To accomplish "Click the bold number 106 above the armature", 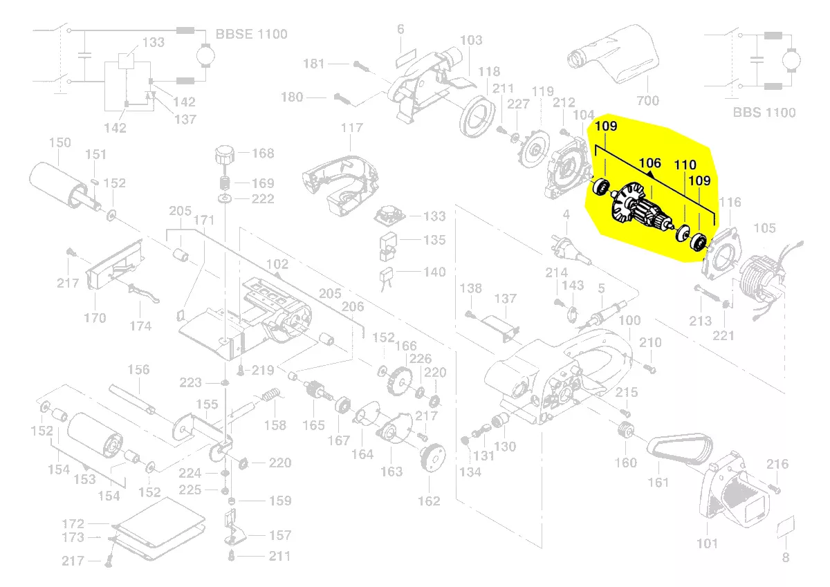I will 649,164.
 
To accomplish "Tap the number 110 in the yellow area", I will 685,165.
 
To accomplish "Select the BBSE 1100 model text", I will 251,34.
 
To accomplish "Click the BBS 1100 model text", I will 764,112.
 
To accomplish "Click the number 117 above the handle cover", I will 351,128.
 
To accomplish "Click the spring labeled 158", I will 272,396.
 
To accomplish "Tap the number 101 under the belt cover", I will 707,543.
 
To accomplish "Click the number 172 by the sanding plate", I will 73,524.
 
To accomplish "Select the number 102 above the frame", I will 277,264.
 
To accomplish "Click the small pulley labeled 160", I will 627,431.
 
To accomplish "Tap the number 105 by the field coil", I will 764,228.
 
